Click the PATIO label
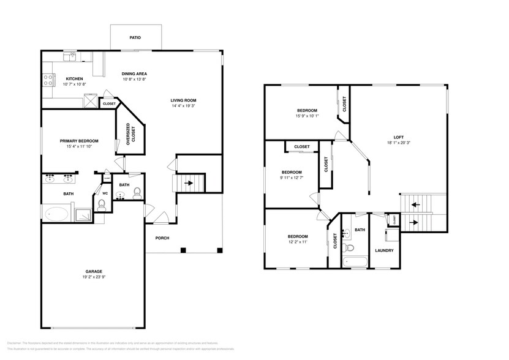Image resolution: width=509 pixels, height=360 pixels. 135,38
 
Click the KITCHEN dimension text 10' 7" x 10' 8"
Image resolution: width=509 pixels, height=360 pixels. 74,84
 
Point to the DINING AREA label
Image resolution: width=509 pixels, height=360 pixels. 134,74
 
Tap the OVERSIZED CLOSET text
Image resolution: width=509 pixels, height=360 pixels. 128,134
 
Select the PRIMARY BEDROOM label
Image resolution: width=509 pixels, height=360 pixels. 79,141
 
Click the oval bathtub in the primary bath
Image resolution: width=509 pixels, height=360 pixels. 58,213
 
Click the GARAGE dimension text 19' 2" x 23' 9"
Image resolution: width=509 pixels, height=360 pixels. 94,277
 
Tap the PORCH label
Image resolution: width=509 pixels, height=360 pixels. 162,238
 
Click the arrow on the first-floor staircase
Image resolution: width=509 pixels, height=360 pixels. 190,182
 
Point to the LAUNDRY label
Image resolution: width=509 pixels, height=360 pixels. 383,250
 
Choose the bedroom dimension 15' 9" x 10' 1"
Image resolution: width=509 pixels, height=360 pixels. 307,116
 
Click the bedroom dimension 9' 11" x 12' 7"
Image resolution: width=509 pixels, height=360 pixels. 292,179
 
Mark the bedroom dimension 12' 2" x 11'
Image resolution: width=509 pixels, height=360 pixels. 298,242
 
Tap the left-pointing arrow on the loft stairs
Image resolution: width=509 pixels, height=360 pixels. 416,205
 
